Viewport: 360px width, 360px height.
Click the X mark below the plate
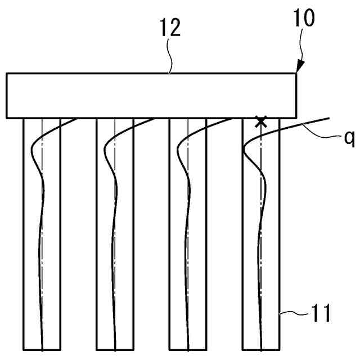pos(260,121)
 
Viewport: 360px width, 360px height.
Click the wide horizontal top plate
pos(151,96)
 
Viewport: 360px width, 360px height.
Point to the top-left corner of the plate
pos(7,74)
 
